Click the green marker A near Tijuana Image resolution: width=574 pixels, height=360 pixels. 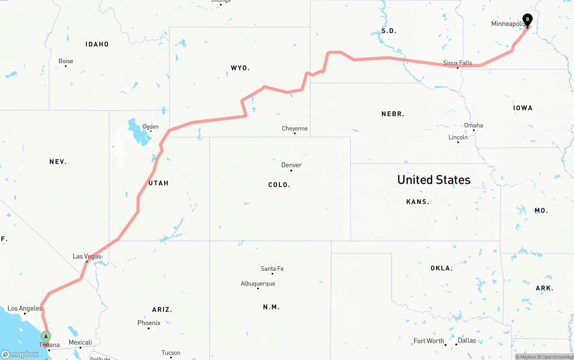tap(46, 337)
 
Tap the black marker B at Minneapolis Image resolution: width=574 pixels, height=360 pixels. tap(528, 20)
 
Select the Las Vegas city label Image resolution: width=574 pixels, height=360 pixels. tap(87, 256)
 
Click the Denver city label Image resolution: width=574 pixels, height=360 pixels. tap(291, 165)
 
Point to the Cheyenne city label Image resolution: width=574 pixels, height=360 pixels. tap(295, 129)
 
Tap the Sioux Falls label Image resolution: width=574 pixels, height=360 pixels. tap(457, 63)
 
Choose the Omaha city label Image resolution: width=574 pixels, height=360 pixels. tap(474, 125)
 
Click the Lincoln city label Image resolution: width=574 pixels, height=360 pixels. tap(458, 137)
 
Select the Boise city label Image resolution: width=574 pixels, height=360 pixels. tap(65, 61)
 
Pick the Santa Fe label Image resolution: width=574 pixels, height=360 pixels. tap(272, 269)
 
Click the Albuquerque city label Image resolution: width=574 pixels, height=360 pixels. tap(258, 283)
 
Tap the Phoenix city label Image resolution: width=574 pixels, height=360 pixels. tap(149, 323)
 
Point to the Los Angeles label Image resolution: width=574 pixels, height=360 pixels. tap(25, 308)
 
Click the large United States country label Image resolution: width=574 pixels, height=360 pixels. tap(434, 180)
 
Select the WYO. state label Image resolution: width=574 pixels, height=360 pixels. tap(240, 68)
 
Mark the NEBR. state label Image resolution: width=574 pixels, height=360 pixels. tap(393, 114)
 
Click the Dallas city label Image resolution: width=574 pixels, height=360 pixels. tap(467, 340)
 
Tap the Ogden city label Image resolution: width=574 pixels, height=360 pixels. tap(151, 127)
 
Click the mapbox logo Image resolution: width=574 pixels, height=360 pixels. tap(20, 354)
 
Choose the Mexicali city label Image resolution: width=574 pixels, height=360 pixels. tap(80, 343)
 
